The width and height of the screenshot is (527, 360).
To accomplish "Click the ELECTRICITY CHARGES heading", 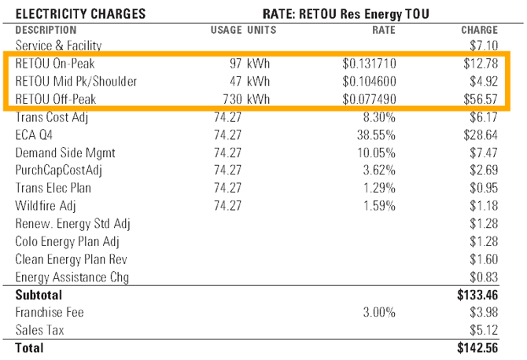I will pyautogui.click(x=80, y=13).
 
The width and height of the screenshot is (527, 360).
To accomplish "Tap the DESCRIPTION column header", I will pyautogui.click(x=46, y=30).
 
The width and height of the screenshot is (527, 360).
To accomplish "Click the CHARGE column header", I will pyautogui.click(x=479, y=30).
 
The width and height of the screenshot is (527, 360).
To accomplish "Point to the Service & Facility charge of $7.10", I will pyautogui.click(x=483, y=46).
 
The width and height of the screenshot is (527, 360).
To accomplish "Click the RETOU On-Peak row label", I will pyautogui.click(x=54, y=64).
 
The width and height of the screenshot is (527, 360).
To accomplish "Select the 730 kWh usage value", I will pyautogui.click(x=244, y=99).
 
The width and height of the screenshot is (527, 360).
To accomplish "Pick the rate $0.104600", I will pyautogui.click(x=369, y=82).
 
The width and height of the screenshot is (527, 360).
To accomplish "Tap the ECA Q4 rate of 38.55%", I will pyautogui.click(x=376, y=134).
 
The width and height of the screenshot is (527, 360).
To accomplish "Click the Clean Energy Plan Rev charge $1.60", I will pyautogui.click(x=483, y=259).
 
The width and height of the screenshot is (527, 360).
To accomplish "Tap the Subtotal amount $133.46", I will pyautogui.click(x=477, y=296).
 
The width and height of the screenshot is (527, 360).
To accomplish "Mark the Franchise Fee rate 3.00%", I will pyautogui.click(x=378, y=312).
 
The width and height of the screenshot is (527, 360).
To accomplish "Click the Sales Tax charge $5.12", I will pyautogui.click(x=483, y=329).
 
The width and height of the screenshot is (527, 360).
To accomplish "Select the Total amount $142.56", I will pyautogui.click(x=477, y=347).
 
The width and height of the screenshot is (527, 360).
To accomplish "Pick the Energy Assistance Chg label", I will pyautogui.click(x=72, y=277).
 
